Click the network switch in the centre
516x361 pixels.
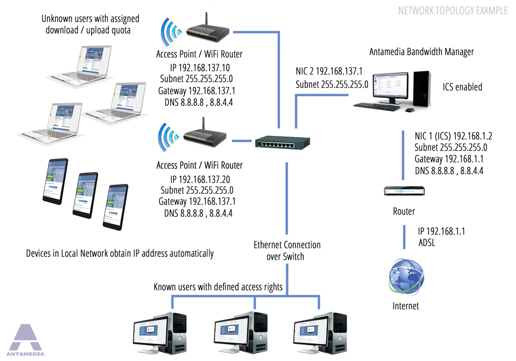[x=282, y=142]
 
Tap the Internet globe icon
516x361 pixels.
[x=407, y=277]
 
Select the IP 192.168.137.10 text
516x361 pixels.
[x=200, y=68]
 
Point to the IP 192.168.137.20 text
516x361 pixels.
[x=200, y=180]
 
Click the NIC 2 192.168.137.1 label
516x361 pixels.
[x=329, y=71]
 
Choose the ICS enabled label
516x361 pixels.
[x=462, y=87]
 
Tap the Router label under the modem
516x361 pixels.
[x=404, y=211]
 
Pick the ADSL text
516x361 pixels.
[x=427, y=243]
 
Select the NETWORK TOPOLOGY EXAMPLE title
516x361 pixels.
[x=453, y=11]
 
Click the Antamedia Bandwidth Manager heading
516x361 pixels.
[x=422, y=52]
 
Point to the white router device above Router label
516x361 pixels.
[x=404, y=191]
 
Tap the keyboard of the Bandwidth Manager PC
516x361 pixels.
[x=377, y=106]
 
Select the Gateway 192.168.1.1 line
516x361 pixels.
[x=449, y=159]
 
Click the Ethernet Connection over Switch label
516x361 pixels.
[x=287, y=251]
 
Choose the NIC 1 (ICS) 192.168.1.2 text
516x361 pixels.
[x=453, y=136]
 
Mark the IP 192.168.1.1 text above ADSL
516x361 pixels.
[x=441, y=231]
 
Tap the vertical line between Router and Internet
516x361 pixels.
[x=404, y=237]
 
